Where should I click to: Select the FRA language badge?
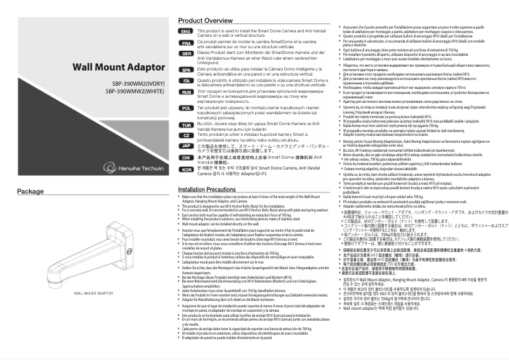pyautogui.click(x=185, y=43)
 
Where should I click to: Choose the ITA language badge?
pyautogui.click(x=185, y=81)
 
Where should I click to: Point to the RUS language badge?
pyautogui.click(x=185, y=93)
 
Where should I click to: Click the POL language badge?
pyautogui.click(x=185, y=109)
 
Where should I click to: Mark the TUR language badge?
pyautogui.click(x=185, y=124)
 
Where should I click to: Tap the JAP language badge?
pyautogui.click(x=185, y=145)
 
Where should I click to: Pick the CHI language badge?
pyautogui.click(x=185, y=157)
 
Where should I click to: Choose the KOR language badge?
pyautogui.click(x=185, y=168)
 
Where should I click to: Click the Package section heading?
pyautogui.click(x=30, y=173)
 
